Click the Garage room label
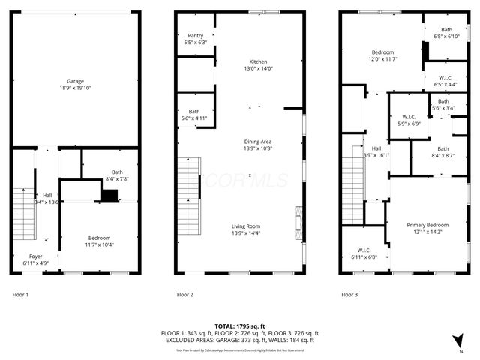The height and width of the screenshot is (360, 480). pyautogui.click(x=74, y=81)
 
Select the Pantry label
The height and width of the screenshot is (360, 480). pyautogui.click(x=195, y=35)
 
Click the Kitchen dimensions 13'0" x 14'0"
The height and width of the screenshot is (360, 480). pyautogui.click(x=258, y=69)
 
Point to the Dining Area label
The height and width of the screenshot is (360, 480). pyautogui.click(x=257, y=142)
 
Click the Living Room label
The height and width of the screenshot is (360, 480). pyautogui.click(x=246, y=226)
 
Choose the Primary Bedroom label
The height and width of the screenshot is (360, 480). pyautogui.click(x=427, y=225)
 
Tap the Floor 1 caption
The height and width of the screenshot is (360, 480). pyautogui.click(x=20, y=295)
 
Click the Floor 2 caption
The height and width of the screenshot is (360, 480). pyautogui.click(x=184, y=295)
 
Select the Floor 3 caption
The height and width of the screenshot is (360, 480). pyautogui.click(x=349, y=295)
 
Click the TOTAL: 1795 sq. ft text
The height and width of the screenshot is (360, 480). pyautogui.click(x=239, y=325)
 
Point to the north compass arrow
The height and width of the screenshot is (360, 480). pyautogui.click(x=458, y=340)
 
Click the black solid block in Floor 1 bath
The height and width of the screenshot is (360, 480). pyautogui.click(x=109, y=196)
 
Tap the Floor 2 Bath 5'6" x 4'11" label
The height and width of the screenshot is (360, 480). pyautogui.click(x=193, y=115)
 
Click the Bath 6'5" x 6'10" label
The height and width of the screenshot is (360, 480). pyautogui.click(x=446, y=33)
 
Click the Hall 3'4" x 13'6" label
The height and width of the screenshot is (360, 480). pyautogui.click(x=46, y=199)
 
